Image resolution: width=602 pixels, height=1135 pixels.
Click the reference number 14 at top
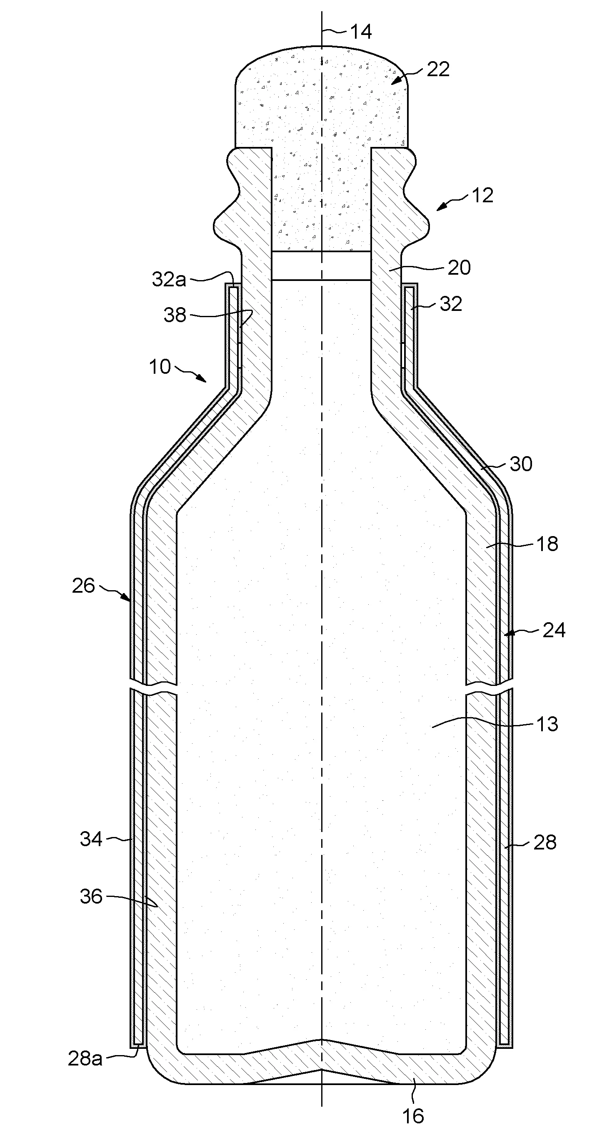point(360,32)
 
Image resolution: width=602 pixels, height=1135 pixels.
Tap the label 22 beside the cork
point(438,70)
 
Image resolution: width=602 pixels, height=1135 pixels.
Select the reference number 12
point(482,196)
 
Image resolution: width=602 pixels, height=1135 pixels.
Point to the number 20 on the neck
point(459,268)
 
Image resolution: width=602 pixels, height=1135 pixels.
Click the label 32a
point(169,280)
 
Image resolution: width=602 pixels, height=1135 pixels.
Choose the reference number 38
point(175,315)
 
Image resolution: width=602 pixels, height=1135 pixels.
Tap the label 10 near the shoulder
point(160,367)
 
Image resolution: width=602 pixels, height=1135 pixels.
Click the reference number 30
point(521,464)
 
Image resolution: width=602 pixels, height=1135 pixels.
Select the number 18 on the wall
point(547,544)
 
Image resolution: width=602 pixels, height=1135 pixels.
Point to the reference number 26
point(83,586)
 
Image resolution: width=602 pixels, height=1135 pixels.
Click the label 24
point(554,631)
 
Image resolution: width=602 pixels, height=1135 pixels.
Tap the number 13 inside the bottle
point(547,724)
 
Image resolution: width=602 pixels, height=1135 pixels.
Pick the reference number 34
point(91,839)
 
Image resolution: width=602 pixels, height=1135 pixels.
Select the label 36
point(91,897)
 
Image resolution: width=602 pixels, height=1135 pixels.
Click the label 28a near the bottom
point(85,1058)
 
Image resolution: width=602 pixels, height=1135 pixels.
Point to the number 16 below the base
point(413,1116)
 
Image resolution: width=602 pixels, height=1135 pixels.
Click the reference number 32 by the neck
point(451,304)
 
